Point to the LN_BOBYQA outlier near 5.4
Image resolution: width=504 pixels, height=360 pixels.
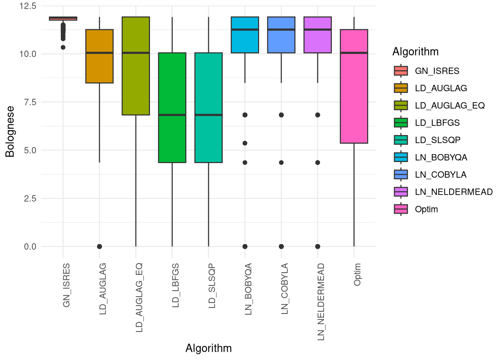pyautogui.click(x=245, y=143)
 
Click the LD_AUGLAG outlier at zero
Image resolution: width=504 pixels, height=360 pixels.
pyautogui.click(x=99, y=246)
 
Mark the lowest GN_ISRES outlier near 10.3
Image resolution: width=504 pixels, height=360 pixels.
pyautogui.click(x=63, y=47)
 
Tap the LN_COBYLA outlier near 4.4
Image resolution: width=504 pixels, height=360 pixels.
pyautogui.click(x=281, y=162)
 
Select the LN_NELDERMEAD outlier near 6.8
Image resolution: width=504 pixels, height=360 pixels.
pyautogui.click(x=318, y=115)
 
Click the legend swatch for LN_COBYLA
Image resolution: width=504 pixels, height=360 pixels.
pyautogui.click(x=401, y=174)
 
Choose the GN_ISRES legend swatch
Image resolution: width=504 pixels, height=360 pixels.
pyautogui.click(x=401, y=71)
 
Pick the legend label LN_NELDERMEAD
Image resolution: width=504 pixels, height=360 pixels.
pyautogui.click(x=454, y=192)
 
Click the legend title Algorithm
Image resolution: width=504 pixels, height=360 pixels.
pyautogui.click(x=415, y=52)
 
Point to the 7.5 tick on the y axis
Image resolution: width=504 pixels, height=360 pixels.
pyautogui.click(x=30, y=102)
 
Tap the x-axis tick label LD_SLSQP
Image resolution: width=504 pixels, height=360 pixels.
pyautogui.click(x=212, y=286)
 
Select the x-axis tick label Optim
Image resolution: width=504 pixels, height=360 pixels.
pyautogui.click(x=357, y=274)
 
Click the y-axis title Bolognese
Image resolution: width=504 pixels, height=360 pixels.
pyautogui.click(x=10, y=132)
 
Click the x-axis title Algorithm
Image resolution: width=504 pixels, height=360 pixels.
pyautogui.click(x=208, y=348)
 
